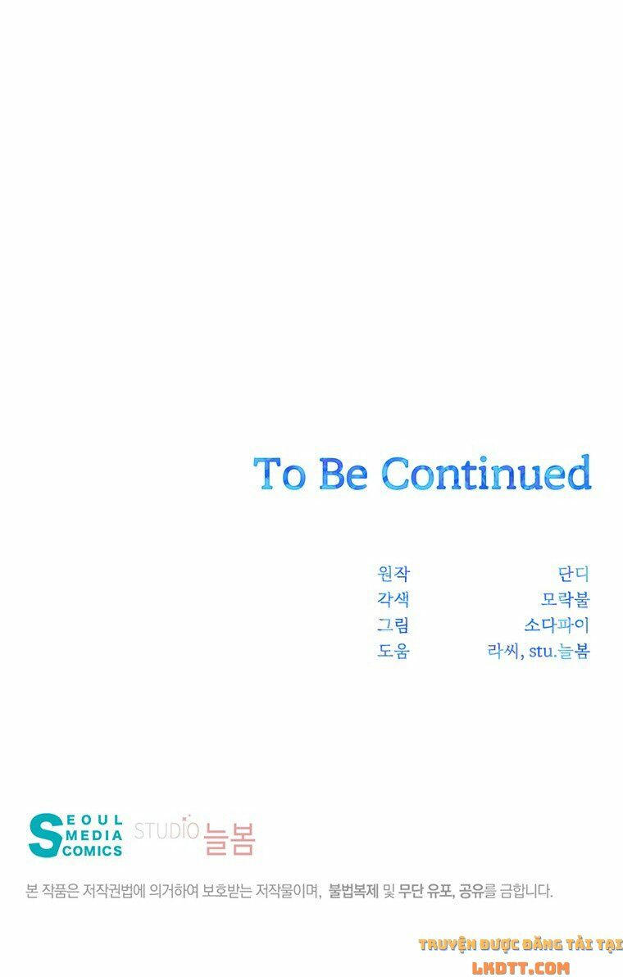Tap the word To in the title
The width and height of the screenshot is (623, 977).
(280, 473)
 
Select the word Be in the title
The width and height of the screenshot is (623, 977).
(343, 473)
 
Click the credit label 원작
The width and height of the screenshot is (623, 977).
(393, 573)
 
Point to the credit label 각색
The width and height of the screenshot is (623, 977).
(393, 599)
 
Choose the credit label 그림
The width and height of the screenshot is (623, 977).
(393, 625)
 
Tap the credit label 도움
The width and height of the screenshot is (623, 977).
(393, 651)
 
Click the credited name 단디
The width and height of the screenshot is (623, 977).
(574, 573)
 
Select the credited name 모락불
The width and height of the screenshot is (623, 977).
(566, 599)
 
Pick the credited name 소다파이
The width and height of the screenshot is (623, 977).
(557, 625)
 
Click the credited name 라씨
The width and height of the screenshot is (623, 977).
(503, 651)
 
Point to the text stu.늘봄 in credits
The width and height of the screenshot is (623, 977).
(559, 651)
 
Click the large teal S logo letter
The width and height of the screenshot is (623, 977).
(45, 835)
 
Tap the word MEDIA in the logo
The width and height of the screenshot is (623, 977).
(93, 835)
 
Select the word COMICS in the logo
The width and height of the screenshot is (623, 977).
(93, 851)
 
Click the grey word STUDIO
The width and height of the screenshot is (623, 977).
(166, 830)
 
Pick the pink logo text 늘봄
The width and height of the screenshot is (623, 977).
(230, 838)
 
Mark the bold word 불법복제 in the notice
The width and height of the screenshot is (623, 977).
(354, 892)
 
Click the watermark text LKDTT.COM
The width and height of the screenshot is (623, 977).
(521, 968)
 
